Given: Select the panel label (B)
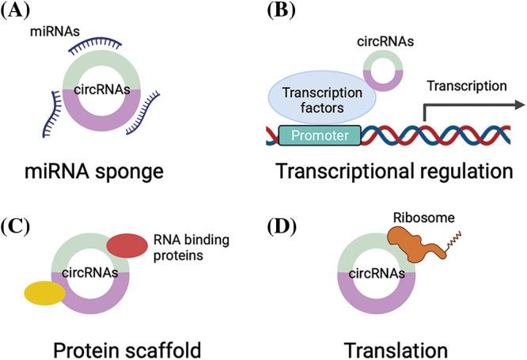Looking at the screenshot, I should [280, 13].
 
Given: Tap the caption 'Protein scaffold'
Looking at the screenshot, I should [103, 349].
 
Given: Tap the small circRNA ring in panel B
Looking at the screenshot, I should [385, 69].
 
